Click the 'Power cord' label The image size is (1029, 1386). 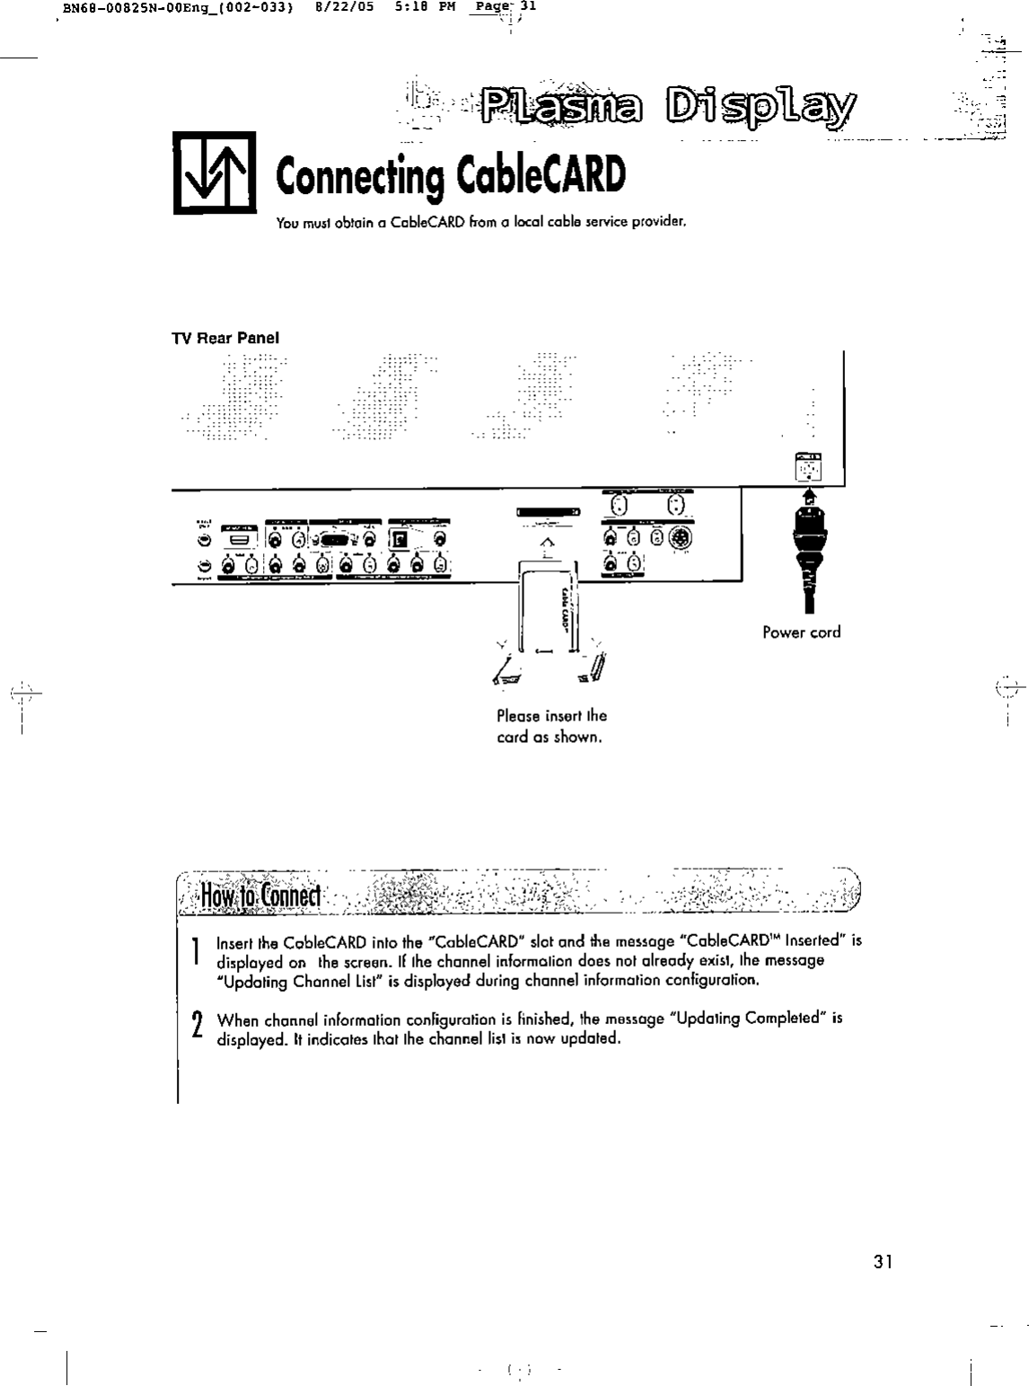tap(802, 632)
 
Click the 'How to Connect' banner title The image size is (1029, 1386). tap(260, 897)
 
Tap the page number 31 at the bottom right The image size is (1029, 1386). tap(884, 1262)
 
